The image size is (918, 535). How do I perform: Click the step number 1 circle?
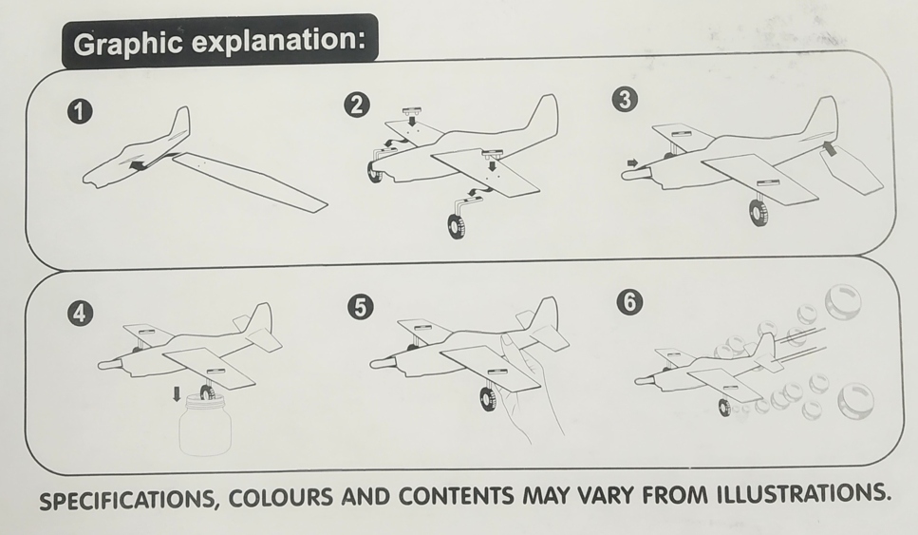click(x=80, y=112)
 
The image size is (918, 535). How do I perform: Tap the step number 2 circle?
click(x=357, y=105)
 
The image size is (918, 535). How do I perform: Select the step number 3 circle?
click(x=625, y=100)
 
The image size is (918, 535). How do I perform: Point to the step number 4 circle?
click(x=80, y=313)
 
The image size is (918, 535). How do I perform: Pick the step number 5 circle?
click(x=360, y=307)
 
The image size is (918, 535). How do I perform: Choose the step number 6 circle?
click(x=629, y=302)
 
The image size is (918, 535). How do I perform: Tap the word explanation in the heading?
click(x=279, y=41)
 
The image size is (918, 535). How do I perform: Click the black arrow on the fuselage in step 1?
click(x=139, y=166)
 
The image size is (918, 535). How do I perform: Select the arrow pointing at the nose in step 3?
click(x=633, y=162)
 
